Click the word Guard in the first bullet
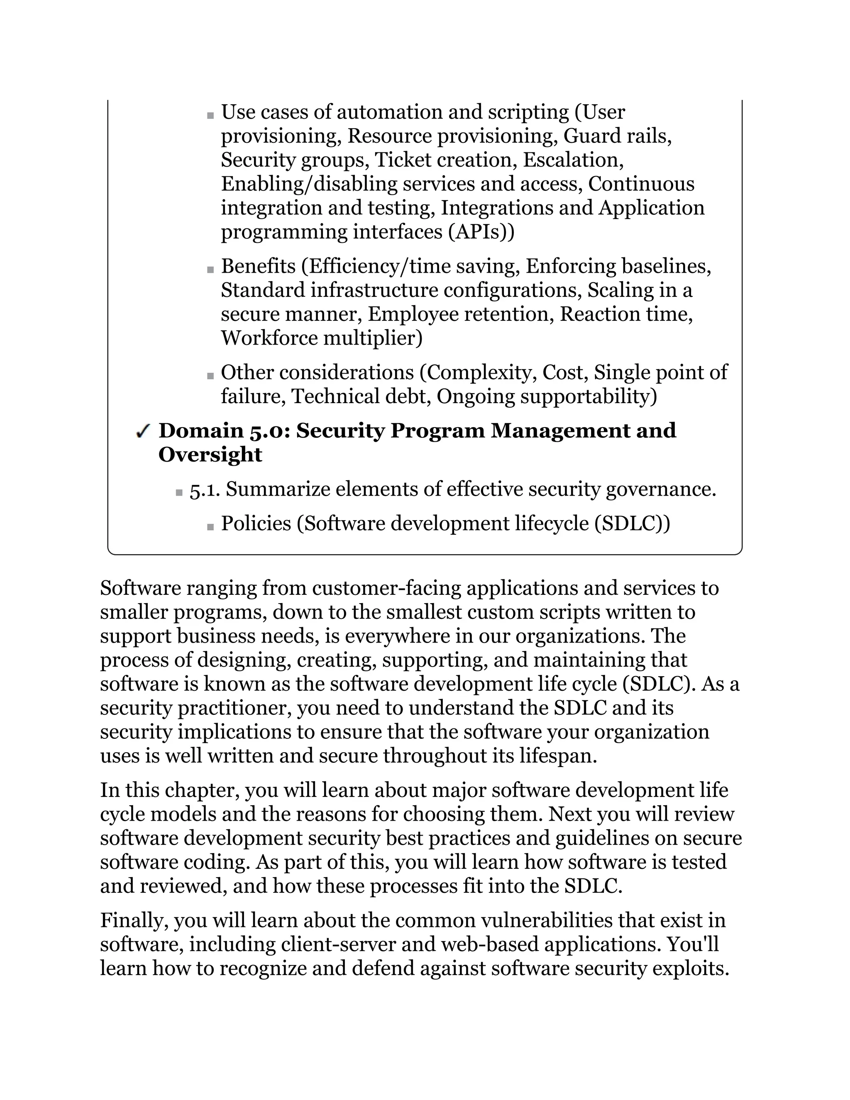pyautogui.click(x=592, y=136)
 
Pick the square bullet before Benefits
pyautogui.click(x=210, y=270)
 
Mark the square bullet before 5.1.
pyautogui.click(x=179, y=493)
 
